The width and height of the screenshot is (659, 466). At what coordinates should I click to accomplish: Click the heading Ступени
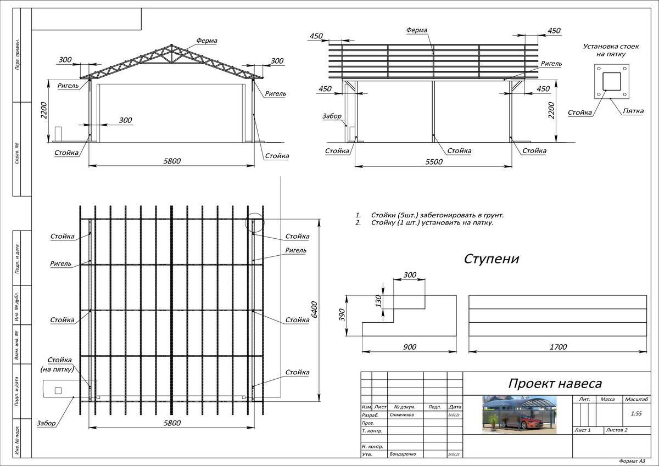(x=492, y=259)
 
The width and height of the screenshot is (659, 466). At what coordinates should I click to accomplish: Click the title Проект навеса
(x=555, y=383)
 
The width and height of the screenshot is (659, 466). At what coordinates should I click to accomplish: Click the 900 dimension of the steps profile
(x=409, y=347)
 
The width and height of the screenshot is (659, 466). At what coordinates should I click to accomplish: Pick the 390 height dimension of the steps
(x=342, y=315)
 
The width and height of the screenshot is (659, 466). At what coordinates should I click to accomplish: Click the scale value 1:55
(x=636, y=413)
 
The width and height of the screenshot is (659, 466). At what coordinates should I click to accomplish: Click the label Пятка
(x=633, y=111)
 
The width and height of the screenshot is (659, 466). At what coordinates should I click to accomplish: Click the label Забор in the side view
(x=332, y=116)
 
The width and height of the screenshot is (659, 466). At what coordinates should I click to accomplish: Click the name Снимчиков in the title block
(x=404, y=416)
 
